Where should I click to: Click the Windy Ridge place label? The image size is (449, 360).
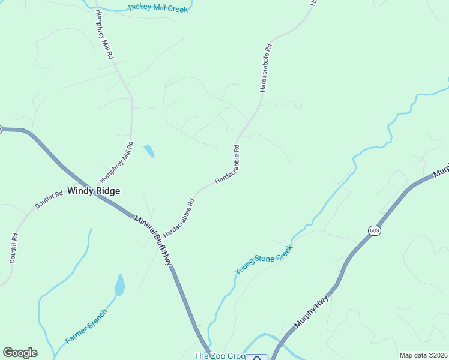pos(94,191)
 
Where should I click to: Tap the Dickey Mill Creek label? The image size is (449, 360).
pos(158,8)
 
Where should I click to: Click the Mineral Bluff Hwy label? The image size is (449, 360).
pos(153,241)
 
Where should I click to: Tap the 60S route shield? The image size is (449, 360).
pos(374,230)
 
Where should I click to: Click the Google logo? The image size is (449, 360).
pos(20,353)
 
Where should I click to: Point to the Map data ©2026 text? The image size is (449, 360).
pos(423,355)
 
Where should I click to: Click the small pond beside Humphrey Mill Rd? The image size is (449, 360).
pos(148,151)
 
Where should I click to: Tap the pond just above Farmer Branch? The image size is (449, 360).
pos(120,286)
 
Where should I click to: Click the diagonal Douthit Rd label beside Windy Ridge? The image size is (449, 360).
pos(49,200)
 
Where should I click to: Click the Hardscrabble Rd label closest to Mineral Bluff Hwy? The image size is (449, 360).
pos(179,217)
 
